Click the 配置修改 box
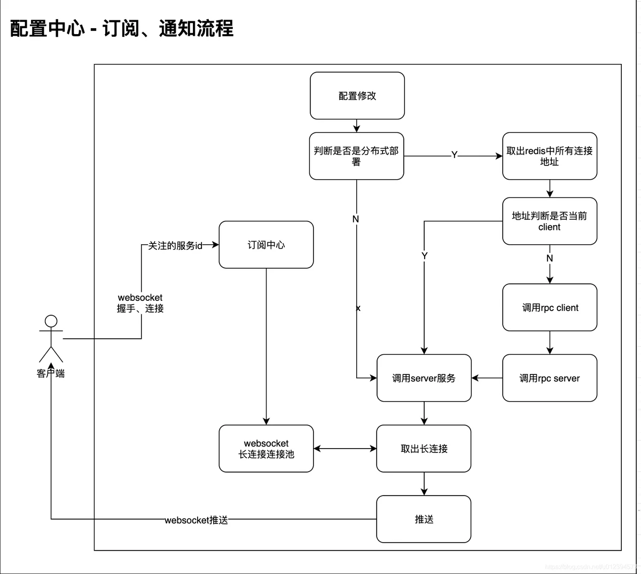click(x=357, y=96)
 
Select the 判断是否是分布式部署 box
click(x=356, y=156)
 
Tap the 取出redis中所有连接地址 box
click(x=550, y=156)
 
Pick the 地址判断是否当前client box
click(x=550, y=221)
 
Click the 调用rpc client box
click(x=550, y=308)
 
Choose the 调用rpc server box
click(x=550, y=378)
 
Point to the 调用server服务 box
click(x=424, y=378)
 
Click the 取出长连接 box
click(x=424, y=449)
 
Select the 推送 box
click(x=424, y=519)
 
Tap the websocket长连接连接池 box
click(x=266, y=449)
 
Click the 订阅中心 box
click(x=266, y=245)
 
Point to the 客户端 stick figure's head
click(x=51, y=321)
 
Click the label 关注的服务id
click(x=175, y=245)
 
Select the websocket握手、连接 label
click(x=140, y=303)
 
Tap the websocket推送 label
click(x=196, y=520)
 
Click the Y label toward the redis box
click(x=454, y=155)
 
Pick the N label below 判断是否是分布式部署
click(x=356, y=219)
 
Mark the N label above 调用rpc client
click(x=550, y=258)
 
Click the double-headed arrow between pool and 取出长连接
click(x=345, y=449)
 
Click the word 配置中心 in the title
click(x=48, y=28)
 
